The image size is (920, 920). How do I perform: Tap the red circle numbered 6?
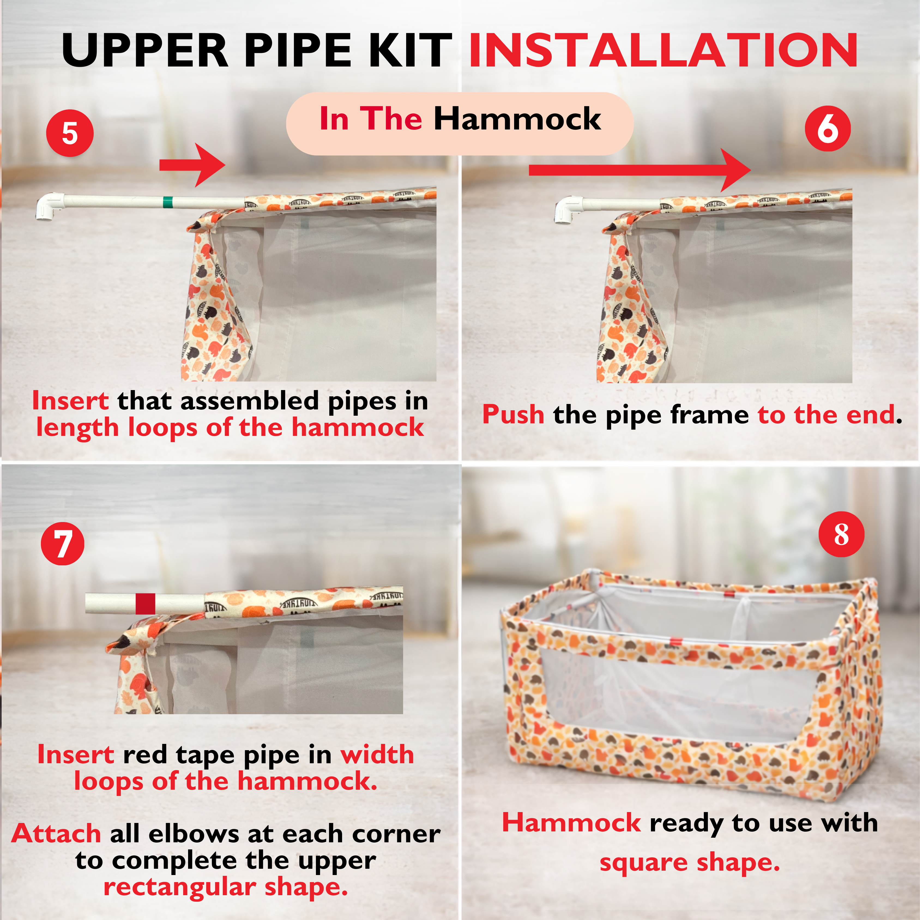828,129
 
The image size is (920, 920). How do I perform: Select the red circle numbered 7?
62,544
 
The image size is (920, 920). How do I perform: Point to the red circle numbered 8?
841,534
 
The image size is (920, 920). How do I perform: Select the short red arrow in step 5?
192,165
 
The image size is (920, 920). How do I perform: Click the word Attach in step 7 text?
56,833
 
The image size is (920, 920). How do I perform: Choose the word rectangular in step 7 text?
180,887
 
